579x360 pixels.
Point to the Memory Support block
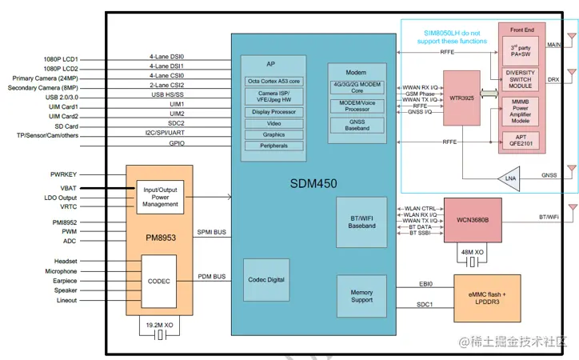[361, 297]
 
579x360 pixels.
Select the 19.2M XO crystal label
[159, 326]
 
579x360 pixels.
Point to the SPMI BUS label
[211, 232]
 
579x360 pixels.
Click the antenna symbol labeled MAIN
[570, 38]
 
